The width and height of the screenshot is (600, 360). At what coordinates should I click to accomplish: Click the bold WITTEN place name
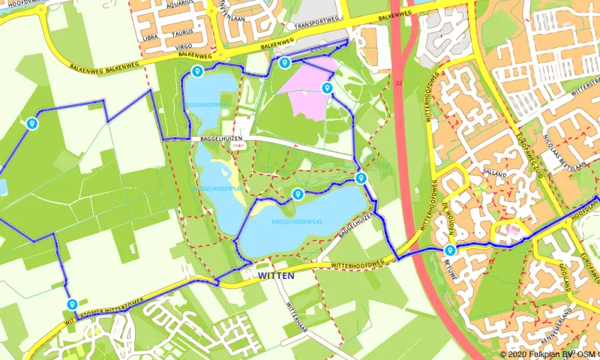(x=276, y=276)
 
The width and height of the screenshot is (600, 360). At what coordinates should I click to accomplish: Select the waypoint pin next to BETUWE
(x=450, y=250)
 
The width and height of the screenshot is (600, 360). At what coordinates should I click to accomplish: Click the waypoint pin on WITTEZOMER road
(x=72, y=304)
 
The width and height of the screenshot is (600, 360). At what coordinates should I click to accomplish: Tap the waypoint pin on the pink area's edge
(x=326, y=88)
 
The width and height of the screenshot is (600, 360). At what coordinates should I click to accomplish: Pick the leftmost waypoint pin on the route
(x=31, y=123)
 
